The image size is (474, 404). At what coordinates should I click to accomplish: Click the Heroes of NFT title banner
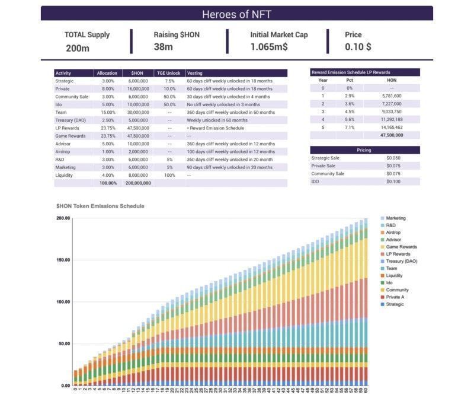pos(236,14)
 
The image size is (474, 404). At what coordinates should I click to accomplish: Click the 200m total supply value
pos(78,48)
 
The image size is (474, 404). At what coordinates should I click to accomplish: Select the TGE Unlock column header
pos(168,73)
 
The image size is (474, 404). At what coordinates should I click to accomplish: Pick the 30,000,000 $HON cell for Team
pos(138,112)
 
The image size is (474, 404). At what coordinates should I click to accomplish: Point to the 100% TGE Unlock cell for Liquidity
pos(169,175)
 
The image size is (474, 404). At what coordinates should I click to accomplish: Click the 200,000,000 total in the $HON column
pos(138,183)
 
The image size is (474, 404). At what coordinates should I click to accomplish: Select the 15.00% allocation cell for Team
pos(108,112)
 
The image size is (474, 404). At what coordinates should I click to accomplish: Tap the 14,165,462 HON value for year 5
pos(392,127)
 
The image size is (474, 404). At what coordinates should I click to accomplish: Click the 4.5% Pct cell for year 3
pos(350,111)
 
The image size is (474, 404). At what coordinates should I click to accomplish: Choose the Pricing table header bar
pos(364,150)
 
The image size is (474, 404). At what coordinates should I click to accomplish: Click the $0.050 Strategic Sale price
pos(393,158)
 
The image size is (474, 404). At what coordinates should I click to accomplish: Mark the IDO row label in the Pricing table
pos(316,182)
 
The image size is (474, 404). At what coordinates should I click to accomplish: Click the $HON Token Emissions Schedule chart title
pos(100,206)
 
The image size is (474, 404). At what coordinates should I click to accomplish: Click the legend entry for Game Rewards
pos(401,247)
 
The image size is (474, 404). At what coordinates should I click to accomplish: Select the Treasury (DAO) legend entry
pos(402,261)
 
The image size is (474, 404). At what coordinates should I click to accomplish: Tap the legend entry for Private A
pos(396,297)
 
